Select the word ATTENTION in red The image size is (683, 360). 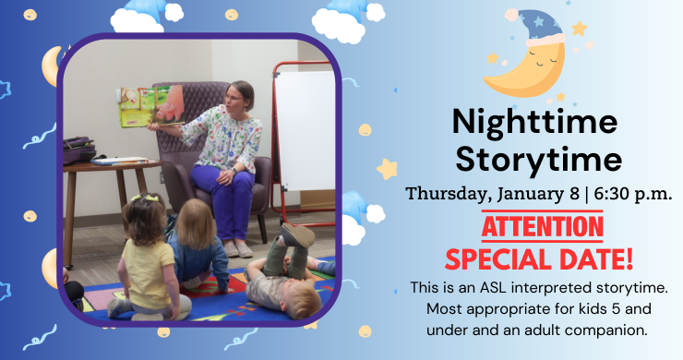pos(535,224)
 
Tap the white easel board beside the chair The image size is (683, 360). pos(306,129)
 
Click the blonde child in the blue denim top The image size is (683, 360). pos(198,245)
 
